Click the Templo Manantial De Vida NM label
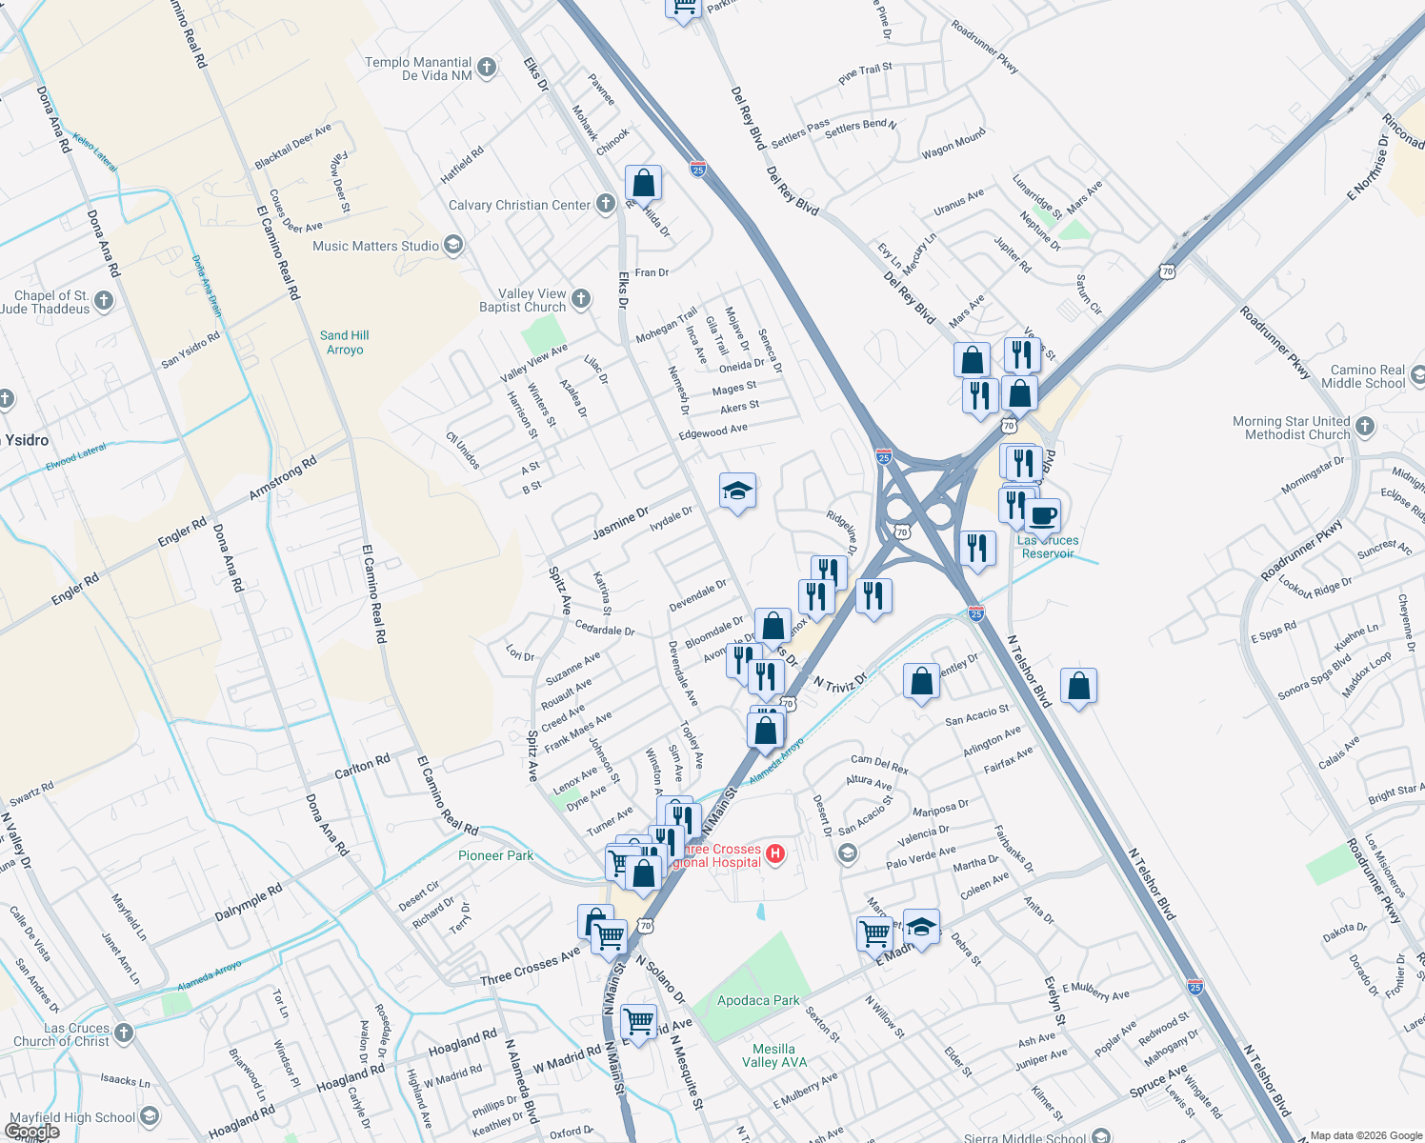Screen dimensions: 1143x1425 tap(419, 69)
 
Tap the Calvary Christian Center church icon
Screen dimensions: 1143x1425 tap(605, 204)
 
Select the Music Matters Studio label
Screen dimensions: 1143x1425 tap(375, 246)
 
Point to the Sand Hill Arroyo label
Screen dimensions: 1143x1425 tap(344, 342)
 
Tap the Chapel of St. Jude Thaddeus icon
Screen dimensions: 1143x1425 tap(104, 301)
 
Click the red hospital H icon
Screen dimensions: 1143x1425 tap(775, 853)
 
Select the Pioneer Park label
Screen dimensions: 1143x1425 tap(495, 855)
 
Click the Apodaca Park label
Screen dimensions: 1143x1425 tap(758, 1000)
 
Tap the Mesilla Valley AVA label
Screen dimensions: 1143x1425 tap(773, 1055)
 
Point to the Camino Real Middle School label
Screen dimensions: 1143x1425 tap(1367, 376)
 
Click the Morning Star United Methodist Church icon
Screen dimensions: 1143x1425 tap(1365, 426)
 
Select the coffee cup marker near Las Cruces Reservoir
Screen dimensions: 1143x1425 tap(1043, 515)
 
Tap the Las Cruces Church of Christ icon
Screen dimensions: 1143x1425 tap(123, 1033)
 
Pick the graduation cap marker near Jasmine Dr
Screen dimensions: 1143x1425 tap(737, 491)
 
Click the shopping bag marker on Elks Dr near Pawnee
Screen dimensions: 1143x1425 tap(644, 182)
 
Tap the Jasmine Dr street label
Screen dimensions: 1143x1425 tap(619, 523)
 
